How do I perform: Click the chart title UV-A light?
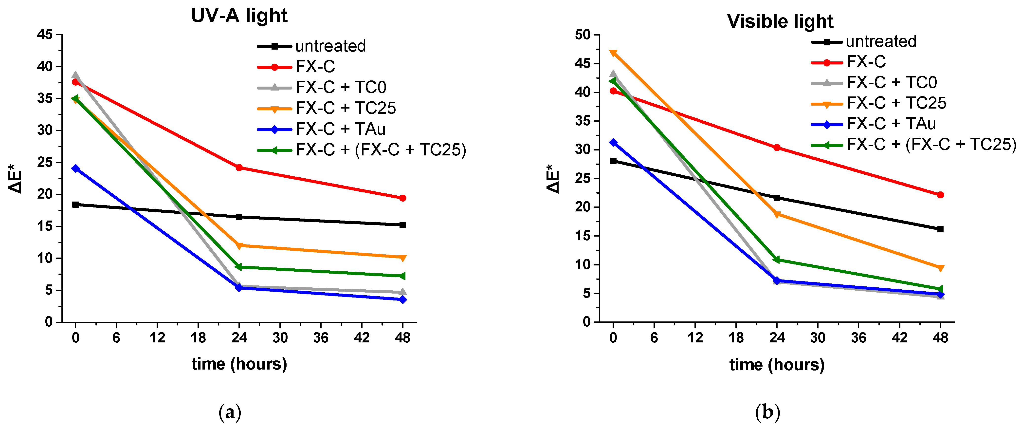click(239, 16)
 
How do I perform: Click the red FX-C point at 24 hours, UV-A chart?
click(239, 168)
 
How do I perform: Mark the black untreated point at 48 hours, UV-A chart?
click(403, 225)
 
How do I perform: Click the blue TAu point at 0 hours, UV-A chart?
click(75, 168)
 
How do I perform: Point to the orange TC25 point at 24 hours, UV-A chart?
click(239, 246)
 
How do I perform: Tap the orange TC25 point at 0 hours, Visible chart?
click(613, 53)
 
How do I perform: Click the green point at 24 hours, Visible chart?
click(777, 260)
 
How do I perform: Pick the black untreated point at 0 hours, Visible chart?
click(613, 161)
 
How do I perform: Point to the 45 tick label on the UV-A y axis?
click(45, 35)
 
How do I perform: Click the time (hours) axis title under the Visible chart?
click(777, 365)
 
